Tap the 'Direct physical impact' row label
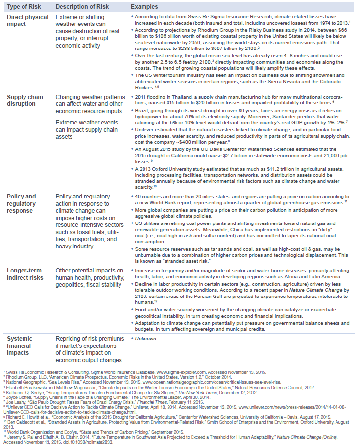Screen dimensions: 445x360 click(x=27, y=21)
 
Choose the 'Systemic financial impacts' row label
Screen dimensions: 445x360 click(x=21, y=346)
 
